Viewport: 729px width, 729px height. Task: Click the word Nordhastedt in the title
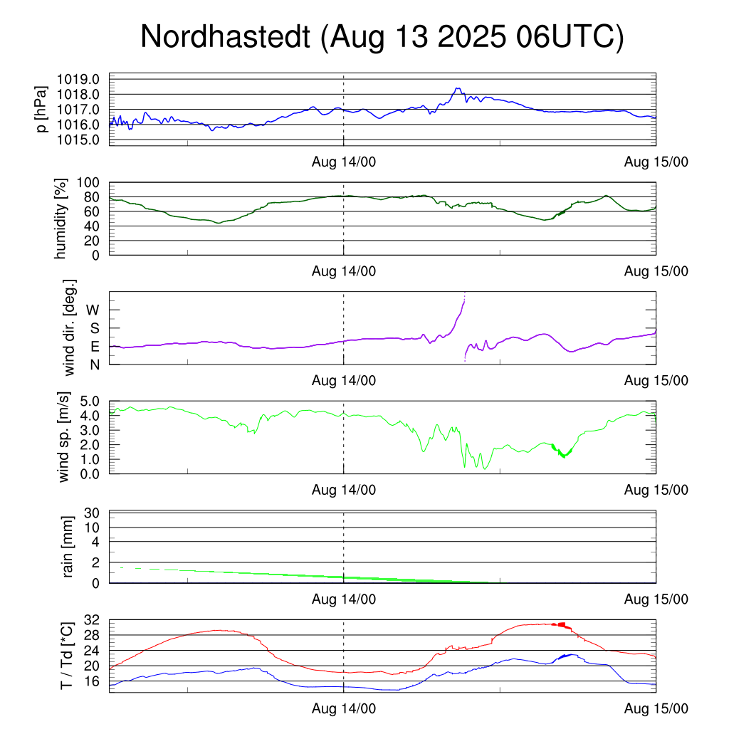[x=225, y=37]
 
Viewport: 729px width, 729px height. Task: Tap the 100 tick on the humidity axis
[x=95, y=182]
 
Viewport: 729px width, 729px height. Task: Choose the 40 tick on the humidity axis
[x=98, y=226]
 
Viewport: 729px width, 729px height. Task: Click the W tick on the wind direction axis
[x=93, y=310]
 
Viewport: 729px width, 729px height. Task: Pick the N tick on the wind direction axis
[x=95, y=364]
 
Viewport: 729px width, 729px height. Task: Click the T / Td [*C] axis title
[x=65, y=656]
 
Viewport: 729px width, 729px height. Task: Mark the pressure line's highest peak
[x=458, y=88]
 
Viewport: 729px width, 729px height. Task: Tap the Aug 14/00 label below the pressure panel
[x=344, y=161]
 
